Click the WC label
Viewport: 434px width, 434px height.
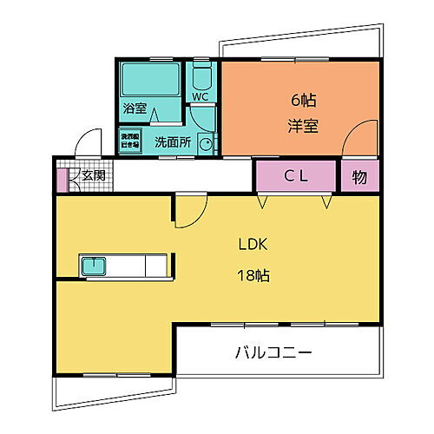click(200, 96)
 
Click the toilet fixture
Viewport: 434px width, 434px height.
click(201, 76)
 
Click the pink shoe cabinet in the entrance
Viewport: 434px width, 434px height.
click(62, 180)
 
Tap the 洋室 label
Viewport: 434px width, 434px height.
click(303, 124)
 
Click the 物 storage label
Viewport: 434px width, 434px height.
click(359, 176)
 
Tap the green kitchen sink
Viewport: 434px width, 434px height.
click(93, 265)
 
